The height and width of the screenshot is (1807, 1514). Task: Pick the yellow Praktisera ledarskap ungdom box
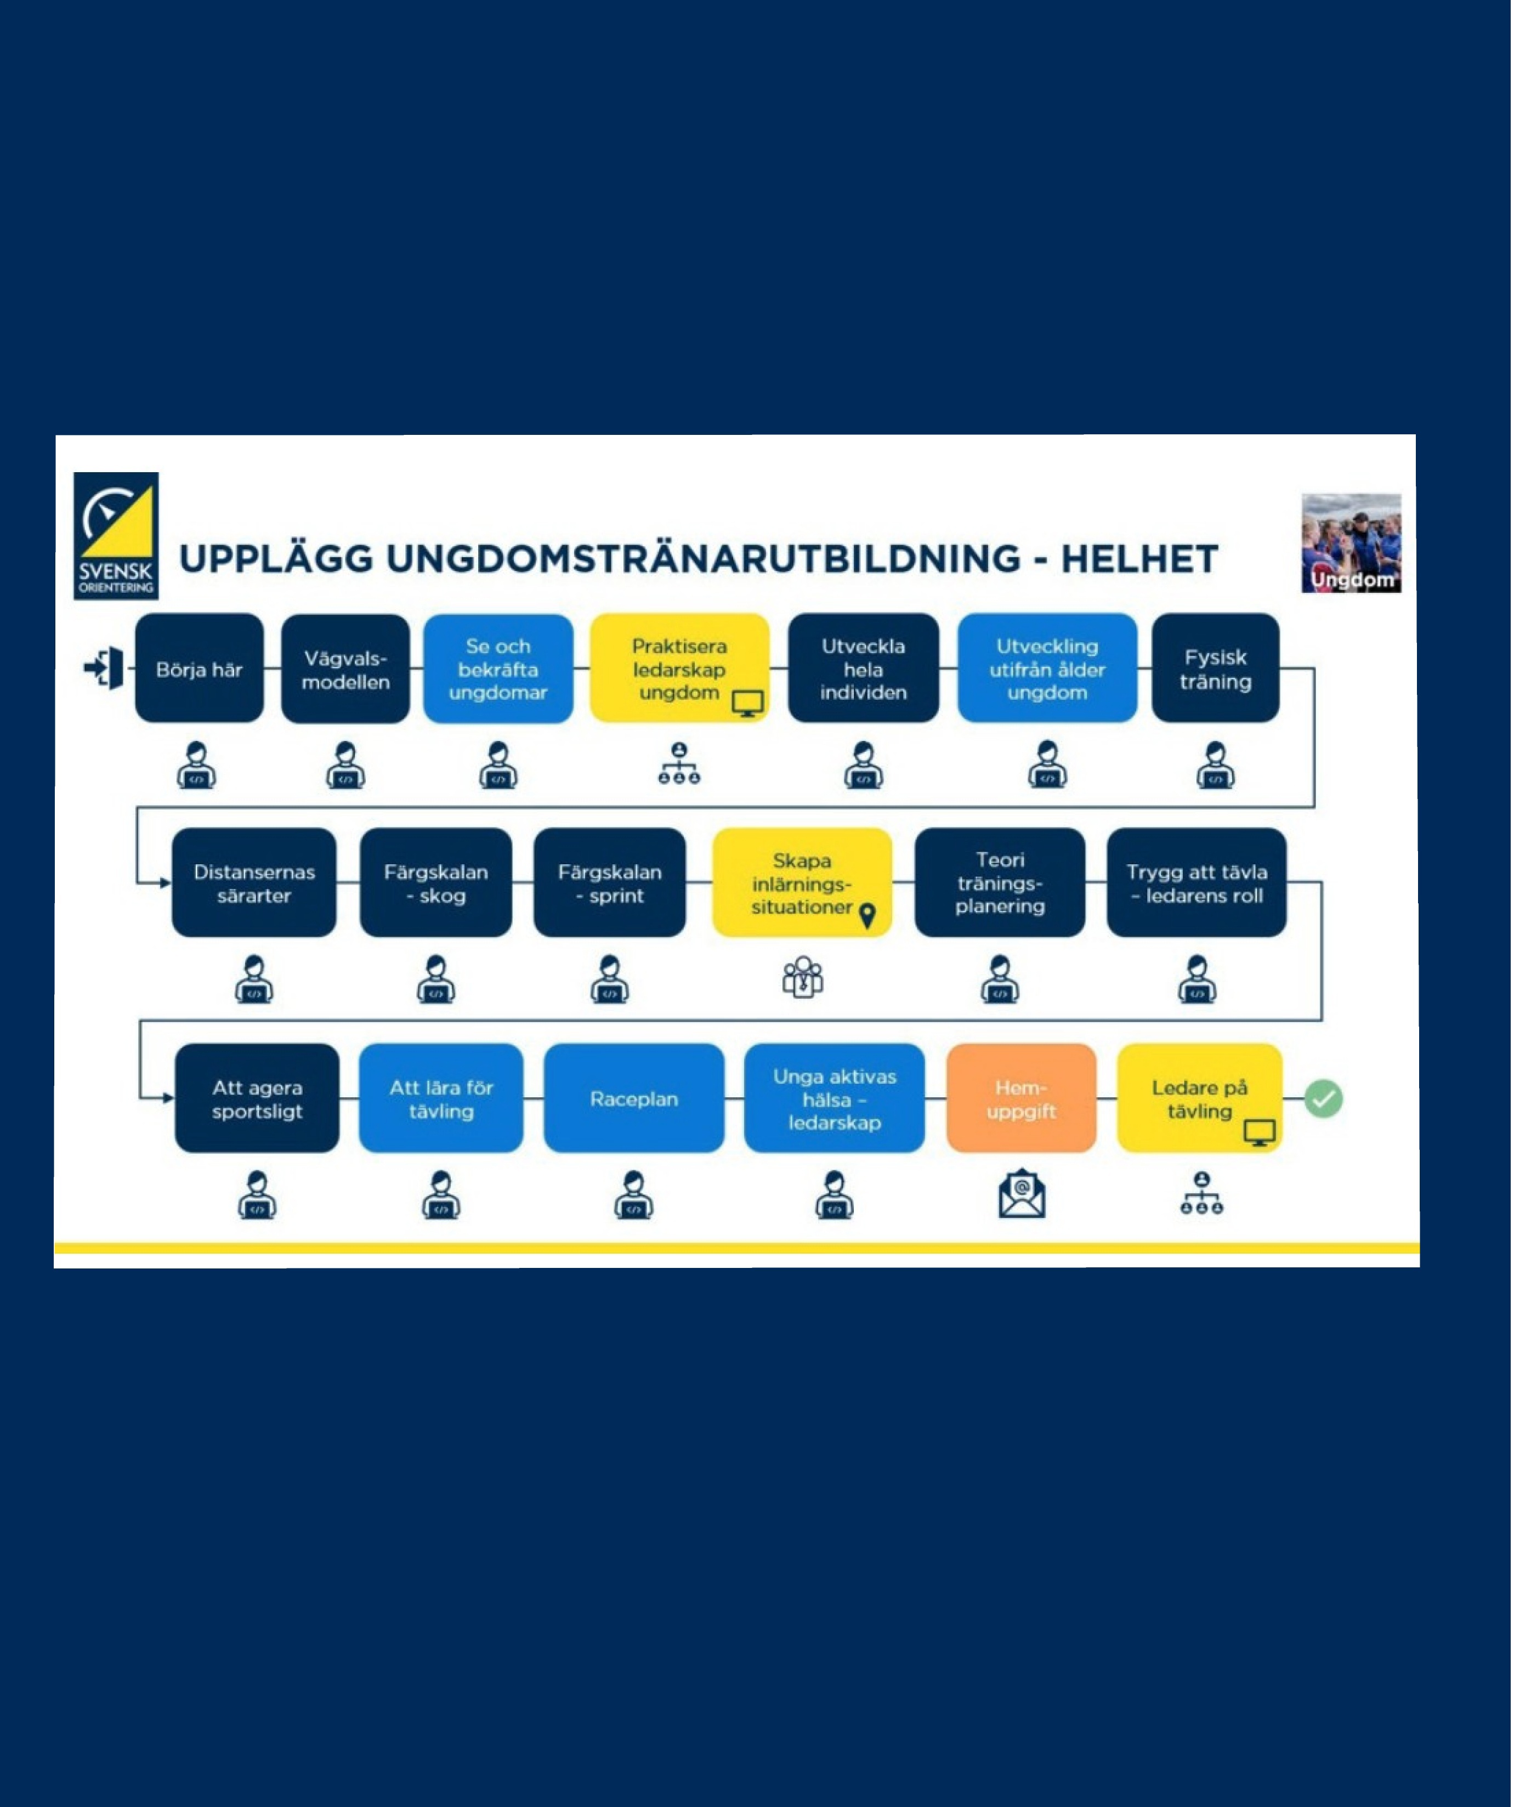pos(679,668)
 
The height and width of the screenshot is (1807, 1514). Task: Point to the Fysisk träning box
pos(1216,668)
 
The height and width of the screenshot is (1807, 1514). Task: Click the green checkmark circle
pos(1323,1099)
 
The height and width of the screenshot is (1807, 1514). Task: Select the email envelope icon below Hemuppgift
pos(1022,1194)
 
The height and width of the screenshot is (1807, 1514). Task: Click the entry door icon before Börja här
pos(104,669)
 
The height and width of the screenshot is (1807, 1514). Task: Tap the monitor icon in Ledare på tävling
pos(1260,1133)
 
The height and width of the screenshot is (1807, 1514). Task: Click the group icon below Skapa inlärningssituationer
pos(803,977)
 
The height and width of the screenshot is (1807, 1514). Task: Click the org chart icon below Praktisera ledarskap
pos(679,763)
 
